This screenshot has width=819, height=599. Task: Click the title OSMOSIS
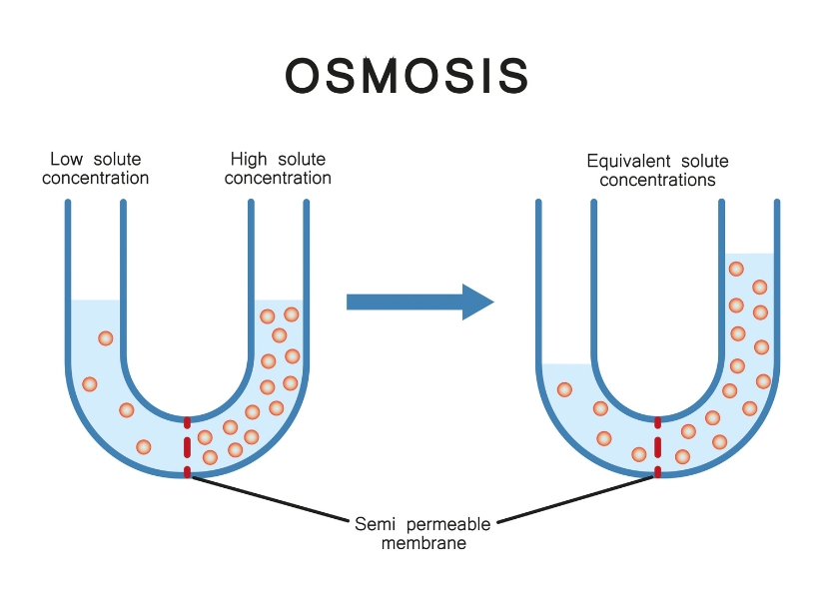coord(407,76)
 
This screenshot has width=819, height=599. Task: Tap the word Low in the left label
coord(66,159)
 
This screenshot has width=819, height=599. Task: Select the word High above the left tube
coord(249,159)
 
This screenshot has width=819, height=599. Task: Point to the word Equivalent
coord(628,161)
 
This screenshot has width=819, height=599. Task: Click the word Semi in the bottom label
coord(375,524)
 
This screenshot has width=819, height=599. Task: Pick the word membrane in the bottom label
coord(423,543)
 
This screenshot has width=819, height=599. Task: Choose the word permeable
coord(448,524)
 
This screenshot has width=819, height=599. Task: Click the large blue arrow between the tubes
coord(420,301)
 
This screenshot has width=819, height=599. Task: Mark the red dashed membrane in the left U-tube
coord(187,447)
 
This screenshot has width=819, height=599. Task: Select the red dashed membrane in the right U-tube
coord(657,447)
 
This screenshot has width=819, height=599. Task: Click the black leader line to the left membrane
coord(270,499)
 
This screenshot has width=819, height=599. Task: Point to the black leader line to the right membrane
coord(575,499)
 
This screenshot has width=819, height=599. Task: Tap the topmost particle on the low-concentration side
coord(106,338)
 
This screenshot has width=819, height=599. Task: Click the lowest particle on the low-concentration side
coord(144,447)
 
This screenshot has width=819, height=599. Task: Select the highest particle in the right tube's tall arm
coord(736,269)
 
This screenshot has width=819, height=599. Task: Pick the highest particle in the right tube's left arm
coord(564,389)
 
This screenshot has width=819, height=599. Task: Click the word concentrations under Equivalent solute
coord(657,180)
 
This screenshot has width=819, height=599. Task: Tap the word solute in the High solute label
coord(302,159)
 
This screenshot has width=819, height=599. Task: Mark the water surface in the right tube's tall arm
coord(749,254)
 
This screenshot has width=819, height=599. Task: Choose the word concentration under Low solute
coord(96,178)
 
